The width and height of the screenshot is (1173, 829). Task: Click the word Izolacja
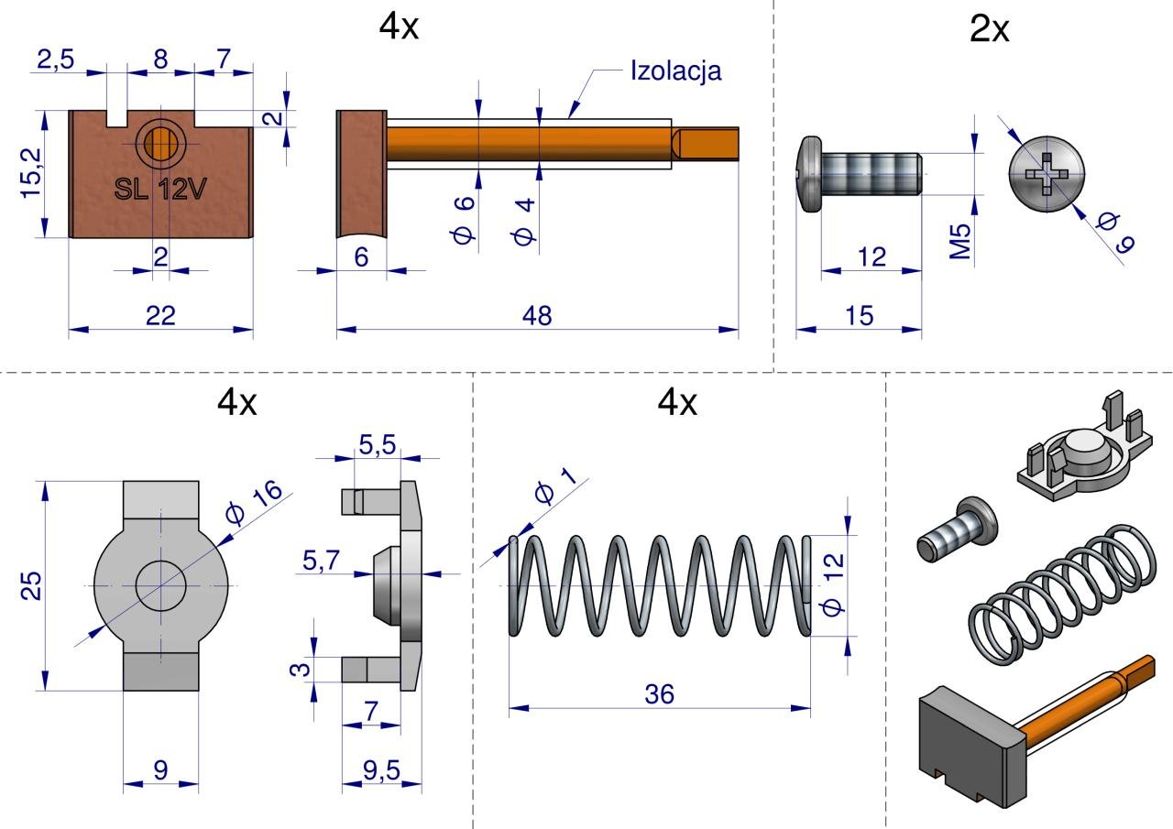click(x=675, y=71)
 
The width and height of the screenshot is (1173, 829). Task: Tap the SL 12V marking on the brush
click(x=160, y=190)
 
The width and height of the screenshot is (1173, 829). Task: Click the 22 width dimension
click(x=160, y=315)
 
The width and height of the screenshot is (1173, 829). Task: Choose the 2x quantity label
click(x=989, y=30)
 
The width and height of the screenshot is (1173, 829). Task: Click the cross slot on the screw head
click(x=1047, y=175)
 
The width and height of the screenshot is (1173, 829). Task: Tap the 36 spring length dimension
click(x=658, y=694)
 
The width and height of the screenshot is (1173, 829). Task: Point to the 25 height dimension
click(x=31, y=585)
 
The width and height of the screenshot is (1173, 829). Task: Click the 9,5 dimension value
click(x=381, y=770)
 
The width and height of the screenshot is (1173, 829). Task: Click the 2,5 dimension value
click(x=56, y=60)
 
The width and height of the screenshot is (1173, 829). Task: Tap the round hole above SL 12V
click(x=160, y=142)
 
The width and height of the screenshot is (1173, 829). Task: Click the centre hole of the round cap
click(x=160, y=584)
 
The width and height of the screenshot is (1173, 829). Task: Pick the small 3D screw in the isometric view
click(x=952, y=529)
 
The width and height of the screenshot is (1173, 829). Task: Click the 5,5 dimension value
click(x=377, y=445)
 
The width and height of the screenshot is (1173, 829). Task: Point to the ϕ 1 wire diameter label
click(x=554, y=485)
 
